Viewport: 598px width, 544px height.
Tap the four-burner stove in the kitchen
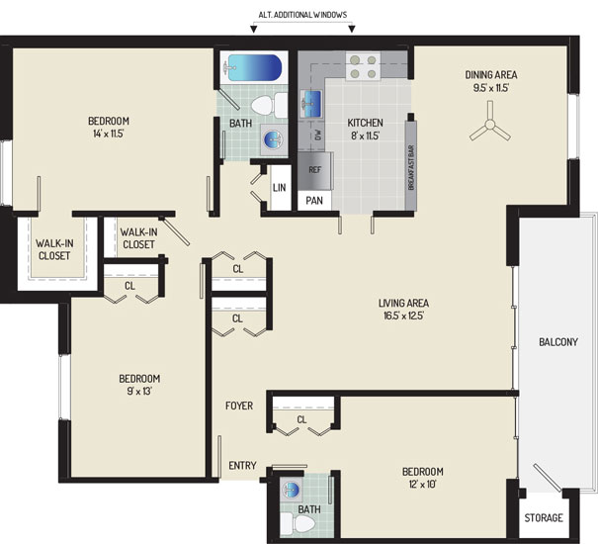363,67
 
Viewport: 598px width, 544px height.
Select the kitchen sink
311,104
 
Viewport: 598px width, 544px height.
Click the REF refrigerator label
314,170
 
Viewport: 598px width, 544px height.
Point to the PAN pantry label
314,201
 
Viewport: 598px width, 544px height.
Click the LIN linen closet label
279,188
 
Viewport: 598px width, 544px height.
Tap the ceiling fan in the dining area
490,124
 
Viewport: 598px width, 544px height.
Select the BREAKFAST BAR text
411,167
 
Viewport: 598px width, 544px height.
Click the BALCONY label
558,341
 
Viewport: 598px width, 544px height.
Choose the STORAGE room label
544,517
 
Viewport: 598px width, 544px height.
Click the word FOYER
239,406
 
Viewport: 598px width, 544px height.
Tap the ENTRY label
242,465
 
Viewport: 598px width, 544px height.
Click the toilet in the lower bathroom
298,524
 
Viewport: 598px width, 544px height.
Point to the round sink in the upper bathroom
273,138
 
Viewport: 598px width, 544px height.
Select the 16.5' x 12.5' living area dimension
404,316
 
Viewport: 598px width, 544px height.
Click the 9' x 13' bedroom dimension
138,391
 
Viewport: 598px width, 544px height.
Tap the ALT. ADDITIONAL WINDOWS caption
302,15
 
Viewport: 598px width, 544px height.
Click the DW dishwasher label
318,135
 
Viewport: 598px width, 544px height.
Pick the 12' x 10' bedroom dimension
423,484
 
